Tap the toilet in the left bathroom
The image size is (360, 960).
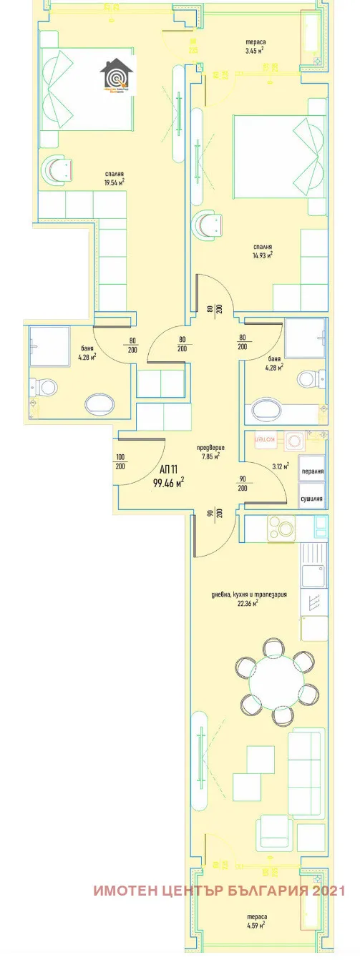[44, 388]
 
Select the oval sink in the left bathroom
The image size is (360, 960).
[98, 404]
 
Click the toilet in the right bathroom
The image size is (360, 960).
[308, 377]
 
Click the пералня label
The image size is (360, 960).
[313, 471]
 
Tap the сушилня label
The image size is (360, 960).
[313, 498]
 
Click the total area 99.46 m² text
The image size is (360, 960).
[169, 482]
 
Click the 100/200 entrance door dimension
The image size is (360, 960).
[120, 462]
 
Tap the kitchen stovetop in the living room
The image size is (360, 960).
[282, 529]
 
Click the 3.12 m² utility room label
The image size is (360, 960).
[281, 466]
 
